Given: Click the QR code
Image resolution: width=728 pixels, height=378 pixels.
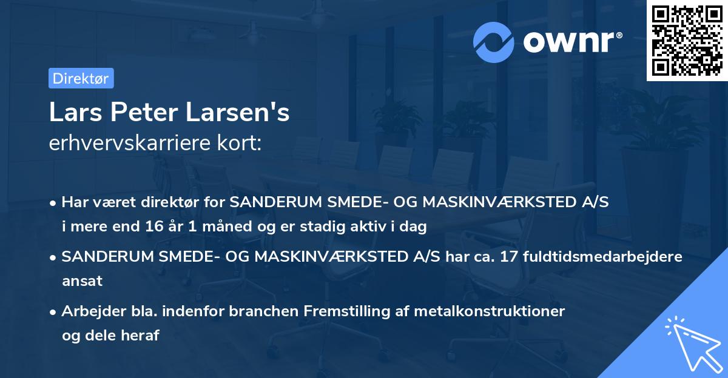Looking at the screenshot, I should pos(687,41).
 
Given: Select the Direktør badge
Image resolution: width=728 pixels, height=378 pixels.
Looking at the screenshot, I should pos(81,78).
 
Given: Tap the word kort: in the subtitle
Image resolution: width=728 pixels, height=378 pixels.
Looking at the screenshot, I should pos(244,143).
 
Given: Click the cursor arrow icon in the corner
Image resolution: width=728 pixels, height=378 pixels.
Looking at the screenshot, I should pos(692,343).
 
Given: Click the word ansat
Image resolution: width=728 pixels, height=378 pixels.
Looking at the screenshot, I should pos(82,281).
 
